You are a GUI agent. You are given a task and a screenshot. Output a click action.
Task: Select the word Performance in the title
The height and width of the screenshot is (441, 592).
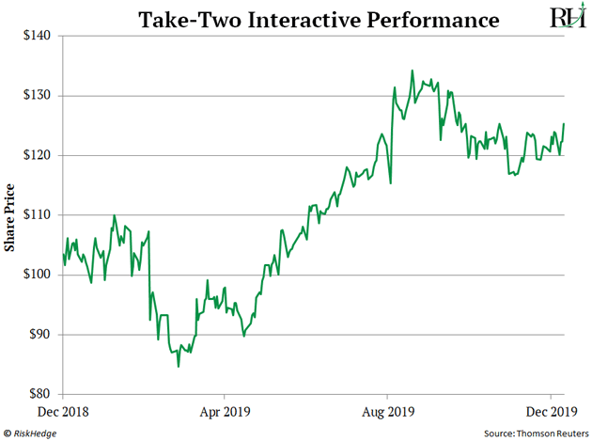(x=421, y=19)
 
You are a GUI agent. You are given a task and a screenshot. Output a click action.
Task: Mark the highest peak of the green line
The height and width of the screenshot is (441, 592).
(x=412, y=70)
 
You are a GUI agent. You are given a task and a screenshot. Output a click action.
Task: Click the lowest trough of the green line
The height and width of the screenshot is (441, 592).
(x=179, y=366)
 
